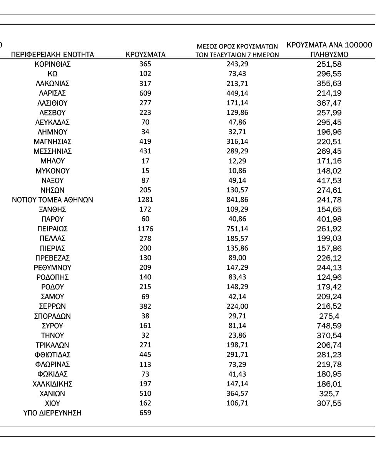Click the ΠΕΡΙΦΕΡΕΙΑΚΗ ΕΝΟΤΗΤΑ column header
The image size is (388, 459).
pos(53,55)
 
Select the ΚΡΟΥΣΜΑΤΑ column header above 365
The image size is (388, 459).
pos(145,55)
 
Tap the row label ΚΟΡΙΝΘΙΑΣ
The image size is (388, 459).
pos(53,64)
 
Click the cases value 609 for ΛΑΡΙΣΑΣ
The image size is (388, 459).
pos(145,93)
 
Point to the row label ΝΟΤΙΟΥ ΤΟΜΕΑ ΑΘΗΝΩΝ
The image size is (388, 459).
pos(53,200)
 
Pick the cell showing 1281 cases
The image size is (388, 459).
pos(145,200)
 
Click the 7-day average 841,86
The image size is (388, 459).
pos(237,200)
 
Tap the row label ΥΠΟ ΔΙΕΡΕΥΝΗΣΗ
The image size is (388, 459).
pos(53,413)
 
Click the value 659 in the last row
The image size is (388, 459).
pos(145,413)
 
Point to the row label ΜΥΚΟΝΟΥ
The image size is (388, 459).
pos(53,171)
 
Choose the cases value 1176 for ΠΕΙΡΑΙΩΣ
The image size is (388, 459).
pos(145,229)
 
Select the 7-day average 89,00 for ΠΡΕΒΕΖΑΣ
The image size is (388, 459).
pos(237,258)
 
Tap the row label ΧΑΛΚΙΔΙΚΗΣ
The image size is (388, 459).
pos(53,384)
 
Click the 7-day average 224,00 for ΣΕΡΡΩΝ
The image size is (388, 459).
pos(237,306)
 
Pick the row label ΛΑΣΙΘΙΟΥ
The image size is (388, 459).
pos(53,103)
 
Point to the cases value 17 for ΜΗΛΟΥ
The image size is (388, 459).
pos(145,161)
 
